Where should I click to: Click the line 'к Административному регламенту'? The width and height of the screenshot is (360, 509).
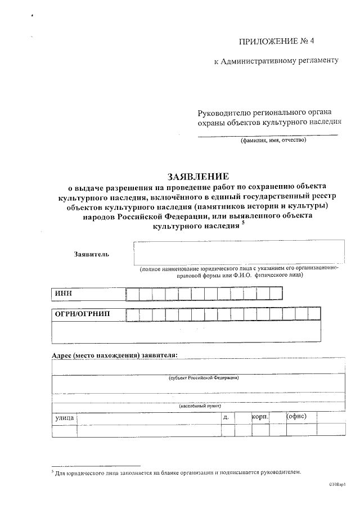tap(276, 61)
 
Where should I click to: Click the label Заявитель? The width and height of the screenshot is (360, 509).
tap(91, 254)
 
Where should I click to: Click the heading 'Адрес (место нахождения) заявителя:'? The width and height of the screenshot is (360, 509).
tap(114, 355)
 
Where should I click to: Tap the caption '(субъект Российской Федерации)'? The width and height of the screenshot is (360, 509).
tap(204, 378)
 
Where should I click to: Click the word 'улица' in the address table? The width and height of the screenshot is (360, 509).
tap(64, 418)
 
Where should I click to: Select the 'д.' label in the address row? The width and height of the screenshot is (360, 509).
tap(226, 417)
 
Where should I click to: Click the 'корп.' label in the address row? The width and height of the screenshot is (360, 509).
tap(260, 417)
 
